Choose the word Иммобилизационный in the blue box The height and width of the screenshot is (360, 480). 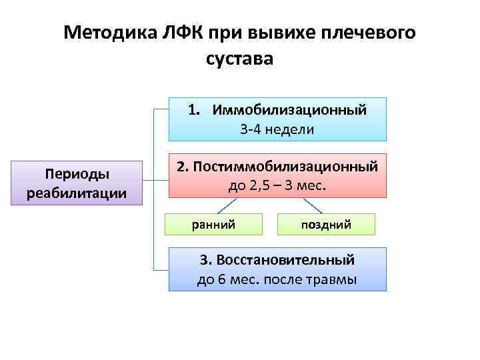coord(289,110)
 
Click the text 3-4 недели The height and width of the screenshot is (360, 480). coord(277,129)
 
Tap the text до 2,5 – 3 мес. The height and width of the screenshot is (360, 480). coord(277,184)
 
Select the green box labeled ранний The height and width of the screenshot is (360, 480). coord(213,225)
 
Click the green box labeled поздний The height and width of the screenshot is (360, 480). coord(326,225)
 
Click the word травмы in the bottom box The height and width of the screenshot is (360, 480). coord(333,279)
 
